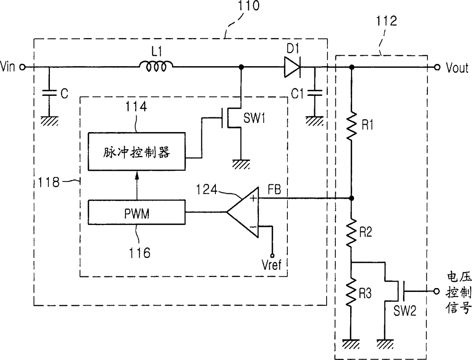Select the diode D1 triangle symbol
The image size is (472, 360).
(292, 67)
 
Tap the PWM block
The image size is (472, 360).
(137, 212)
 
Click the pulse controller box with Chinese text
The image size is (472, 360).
(137, 151)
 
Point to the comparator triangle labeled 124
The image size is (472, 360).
(243, 212)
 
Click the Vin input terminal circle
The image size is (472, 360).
(22, 67)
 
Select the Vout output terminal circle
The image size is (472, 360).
(437, 67)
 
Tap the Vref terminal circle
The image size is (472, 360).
(272, 256)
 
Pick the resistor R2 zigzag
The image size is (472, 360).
(351, 233)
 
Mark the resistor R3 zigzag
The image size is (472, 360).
(351, 292)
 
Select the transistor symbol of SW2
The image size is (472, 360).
(395, 291)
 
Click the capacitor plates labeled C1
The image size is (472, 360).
(315, 92)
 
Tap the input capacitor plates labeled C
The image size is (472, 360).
(49, 92)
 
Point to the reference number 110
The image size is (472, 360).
(248, 5)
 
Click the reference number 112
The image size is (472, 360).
(386, 21)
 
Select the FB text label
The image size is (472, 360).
(274, 190)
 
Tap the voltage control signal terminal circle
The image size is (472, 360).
(436, 291)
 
